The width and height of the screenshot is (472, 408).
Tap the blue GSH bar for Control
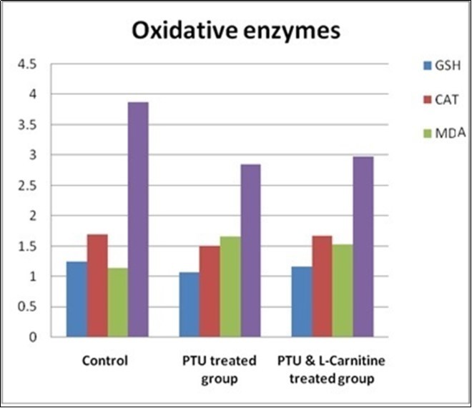(x=77, y=299)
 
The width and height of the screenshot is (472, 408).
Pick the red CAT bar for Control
(x=97, y=286)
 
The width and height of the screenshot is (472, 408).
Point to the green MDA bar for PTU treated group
(x=230, y=287)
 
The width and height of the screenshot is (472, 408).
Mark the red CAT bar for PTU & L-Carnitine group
(x=322, y=287)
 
